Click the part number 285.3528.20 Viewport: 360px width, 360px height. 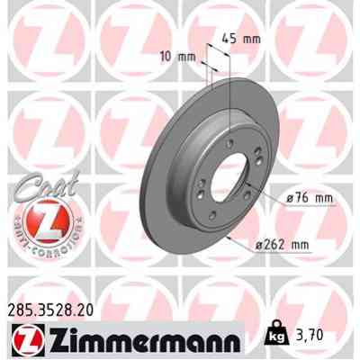52,308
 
